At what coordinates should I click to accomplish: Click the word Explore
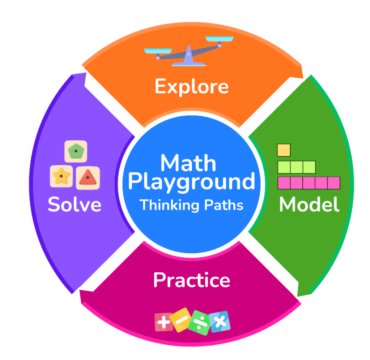192,87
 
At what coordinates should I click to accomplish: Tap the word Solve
75,204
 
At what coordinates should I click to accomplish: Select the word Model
309,204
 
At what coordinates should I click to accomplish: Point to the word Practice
192,280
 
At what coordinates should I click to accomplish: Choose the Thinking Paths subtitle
192,205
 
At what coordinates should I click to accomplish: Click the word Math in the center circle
188,163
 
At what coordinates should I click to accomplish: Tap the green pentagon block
76,151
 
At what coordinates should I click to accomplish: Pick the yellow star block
61,176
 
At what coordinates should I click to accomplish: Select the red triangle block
88,178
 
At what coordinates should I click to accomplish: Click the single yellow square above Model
284,150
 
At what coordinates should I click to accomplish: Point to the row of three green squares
297,167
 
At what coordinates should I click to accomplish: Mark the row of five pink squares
309,183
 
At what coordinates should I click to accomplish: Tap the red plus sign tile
164,322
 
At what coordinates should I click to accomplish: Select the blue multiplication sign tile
220,321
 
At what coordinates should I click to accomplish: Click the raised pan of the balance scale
219,39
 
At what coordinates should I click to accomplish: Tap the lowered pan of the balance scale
158,51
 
